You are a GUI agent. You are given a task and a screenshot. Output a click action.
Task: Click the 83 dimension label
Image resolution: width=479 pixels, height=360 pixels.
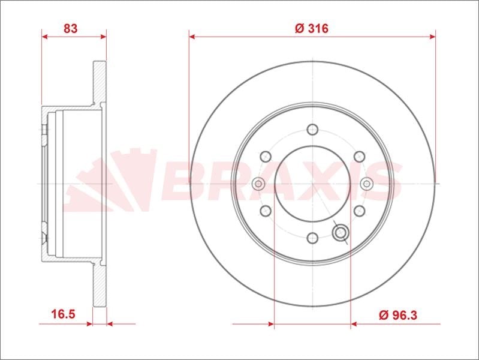(x=71, y=28)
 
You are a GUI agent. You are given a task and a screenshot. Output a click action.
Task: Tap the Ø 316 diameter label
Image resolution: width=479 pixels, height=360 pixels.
(x=312, y=28)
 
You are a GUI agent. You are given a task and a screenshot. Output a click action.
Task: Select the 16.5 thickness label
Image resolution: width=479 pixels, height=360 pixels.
(x=63, y=314)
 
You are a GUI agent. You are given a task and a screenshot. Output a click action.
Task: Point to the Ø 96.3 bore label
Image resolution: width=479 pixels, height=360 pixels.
(x=397, y=315)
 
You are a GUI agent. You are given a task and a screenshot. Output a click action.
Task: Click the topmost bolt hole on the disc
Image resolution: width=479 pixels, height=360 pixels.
(x=312, y=130)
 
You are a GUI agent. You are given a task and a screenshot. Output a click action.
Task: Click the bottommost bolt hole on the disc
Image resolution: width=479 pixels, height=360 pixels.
(x=312, y=238)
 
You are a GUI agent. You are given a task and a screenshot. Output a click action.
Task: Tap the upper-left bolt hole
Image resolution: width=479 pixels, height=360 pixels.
(x=266, y=157)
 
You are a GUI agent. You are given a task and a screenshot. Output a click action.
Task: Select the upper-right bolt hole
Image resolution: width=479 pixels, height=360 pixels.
(x=359, y=157)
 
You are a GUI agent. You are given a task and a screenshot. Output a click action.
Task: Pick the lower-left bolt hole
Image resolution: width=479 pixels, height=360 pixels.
(x=266, y=211)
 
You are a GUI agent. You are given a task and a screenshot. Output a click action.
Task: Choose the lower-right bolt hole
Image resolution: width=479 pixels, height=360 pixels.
(x=359, y=211)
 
